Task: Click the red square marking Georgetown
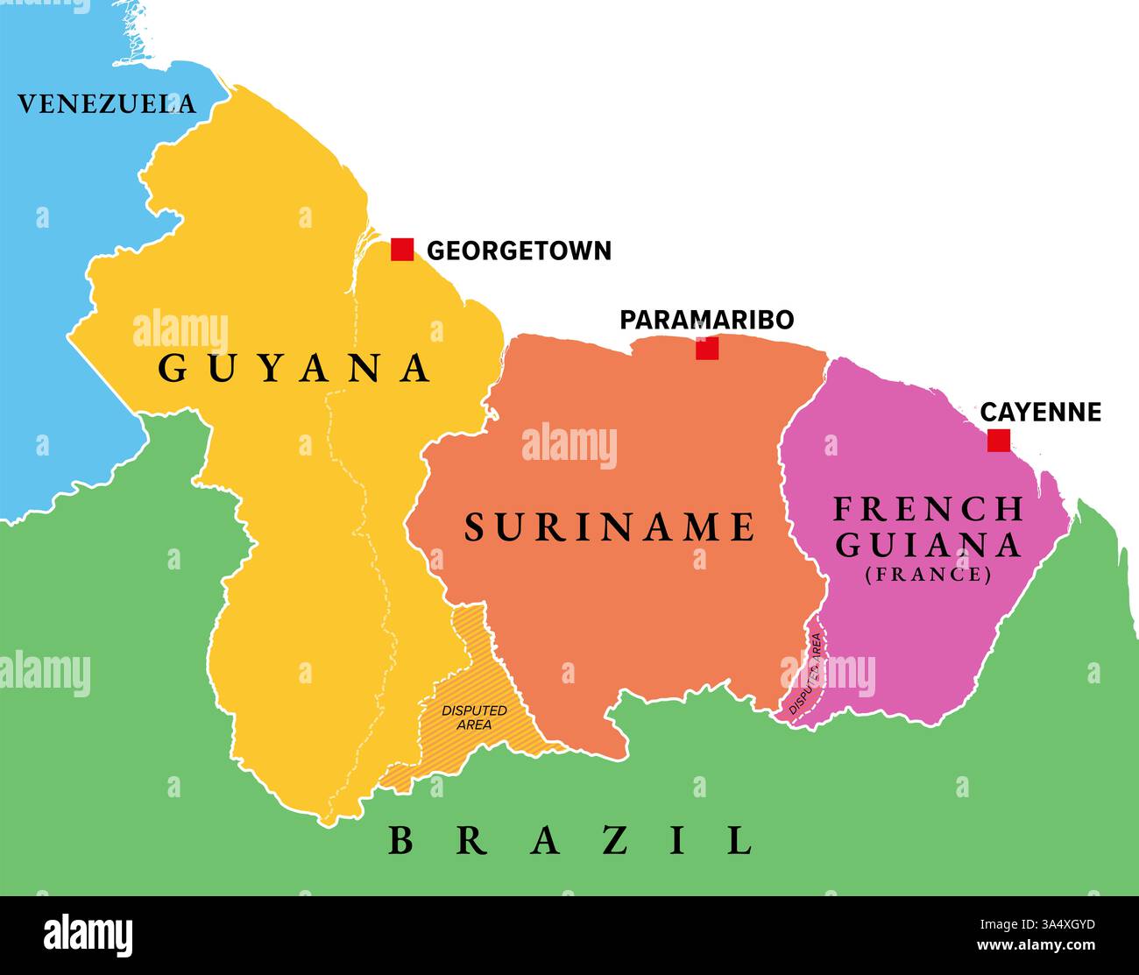click(x=402, y=250)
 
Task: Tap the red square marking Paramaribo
click(x=707, y=349)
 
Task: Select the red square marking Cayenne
click(x=998, y=441)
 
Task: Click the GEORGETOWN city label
click(x=519, y=251)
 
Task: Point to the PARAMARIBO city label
click(x=706, y=320)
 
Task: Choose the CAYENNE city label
click(x=1040, y=412)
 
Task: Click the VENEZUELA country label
click(x=107, y=104)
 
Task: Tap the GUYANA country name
click(x=294, y=369)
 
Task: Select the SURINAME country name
click(x=609, y=527)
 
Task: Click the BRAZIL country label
click(x=570, y=841)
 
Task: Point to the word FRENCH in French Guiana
click(x=928, y=509)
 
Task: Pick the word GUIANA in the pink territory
click(x=928, y=545)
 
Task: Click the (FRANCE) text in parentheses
click(x=928, y=576)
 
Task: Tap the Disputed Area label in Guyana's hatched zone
click(x=474, y=717)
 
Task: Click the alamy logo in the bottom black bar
click(x=88, y=935)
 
